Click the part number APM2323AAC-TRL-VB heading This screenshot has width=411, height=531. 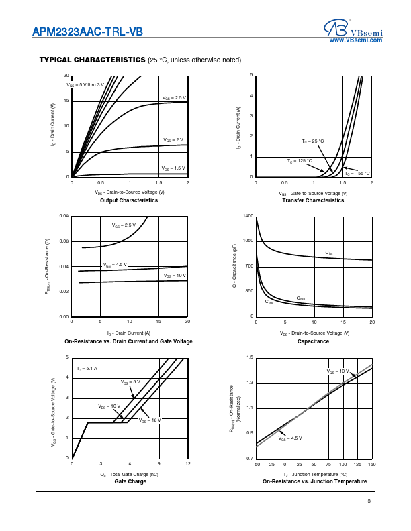(87, 32)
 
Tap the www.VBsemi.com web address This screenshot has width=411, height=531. (356, 41)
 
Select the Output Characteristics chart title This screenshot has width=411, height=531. (129, 200)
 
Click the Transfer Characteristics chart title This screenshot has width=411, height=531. (313, 200)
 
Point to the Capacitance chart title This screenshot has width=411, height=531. (313, 341)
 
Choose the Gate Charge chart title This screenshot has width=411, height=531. (130, 481)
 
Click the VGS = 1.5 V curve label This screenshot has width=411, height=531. (174, 168)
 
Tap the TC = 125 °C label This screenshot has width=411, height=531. (300, 161)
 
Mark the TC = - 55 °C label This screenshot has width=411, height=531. (357, 173)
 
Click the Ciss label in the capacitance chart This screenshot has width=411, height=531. (329, 253)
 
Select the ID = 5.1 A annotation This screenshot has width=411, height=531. (87, 369)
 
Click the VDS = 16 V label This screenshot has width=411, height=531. (150, 420)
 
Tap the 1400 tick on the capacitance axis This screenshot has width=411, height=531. (248, 216)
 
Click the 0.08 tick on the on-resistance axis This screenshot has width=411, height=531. (64, 216)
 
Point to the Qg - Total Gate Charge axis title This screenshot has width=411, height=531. (129, 474)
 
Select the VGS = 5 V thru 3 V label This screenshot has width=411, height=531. (85, 84)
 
